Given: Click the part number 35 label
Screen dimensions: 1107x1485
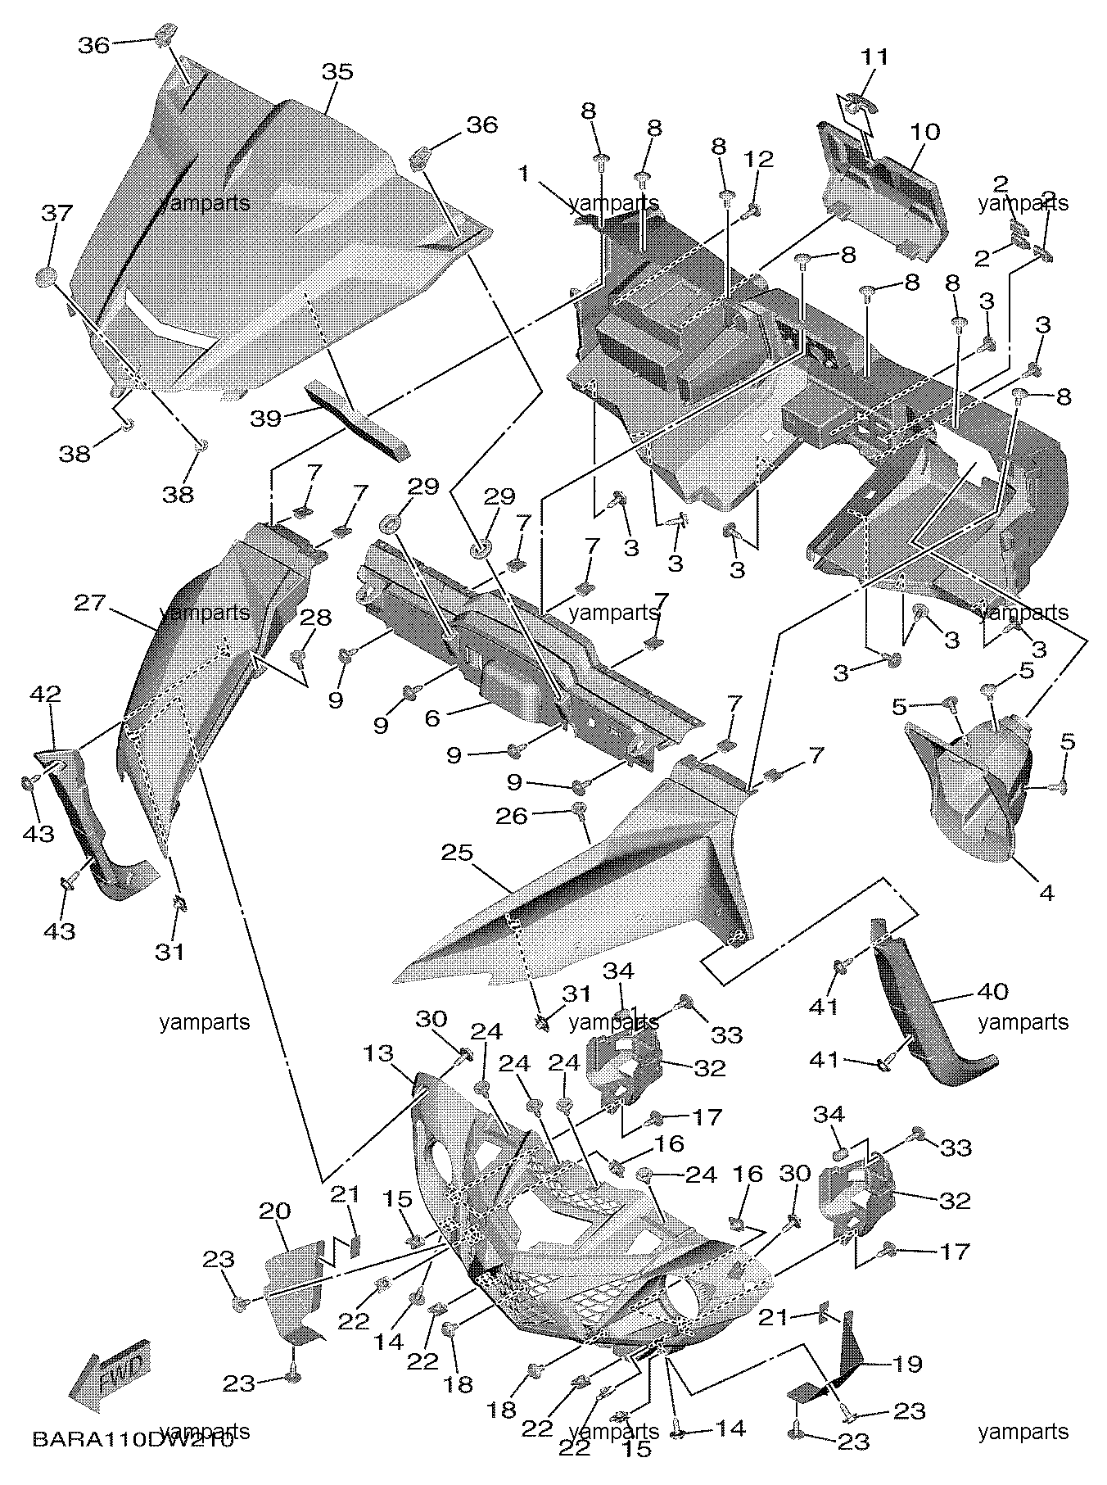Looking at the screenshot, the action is pyautogui.click(x=337, y=72).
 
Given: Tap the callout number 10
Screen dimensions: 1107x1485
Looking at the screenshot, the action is pyautogui.click(x=924, y=132).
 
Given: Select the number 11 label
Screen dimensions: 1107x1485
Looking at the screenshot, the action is pyautogui.click(x=874, y=57).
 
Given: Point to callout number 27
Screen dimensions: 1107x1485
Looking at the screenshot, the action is pyautogui.click(x=90, y=603).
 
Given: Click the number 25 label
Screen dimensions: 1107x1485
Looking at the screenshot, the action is pyautogui.click(x=457, y=853).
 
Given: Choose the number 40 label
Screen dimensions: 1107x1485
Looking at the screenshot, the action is pyautogui.click(x=992, y=991).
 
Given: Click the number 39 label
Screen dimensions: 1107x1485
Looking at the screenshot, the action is pyautogui.click(x=266, y=419).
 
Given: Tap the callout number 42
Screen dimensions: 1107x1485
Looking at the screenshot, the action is pyautogui.click(x=46, y=695).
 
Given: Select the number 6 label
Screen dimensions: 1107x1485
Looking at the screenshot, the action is pyautogui.click(x=432, y=718).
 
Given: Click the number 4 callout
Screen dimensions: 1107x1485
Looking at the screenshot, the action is pyautogui.click(x=1046, y=893).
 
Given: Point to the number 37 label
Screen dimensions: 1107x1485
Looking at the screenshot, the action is pyautogui.click(x=57, y=215).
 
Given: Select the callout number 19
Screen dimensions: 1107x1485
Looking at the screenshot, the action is pyautogui.click(x=907, y=1364).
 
